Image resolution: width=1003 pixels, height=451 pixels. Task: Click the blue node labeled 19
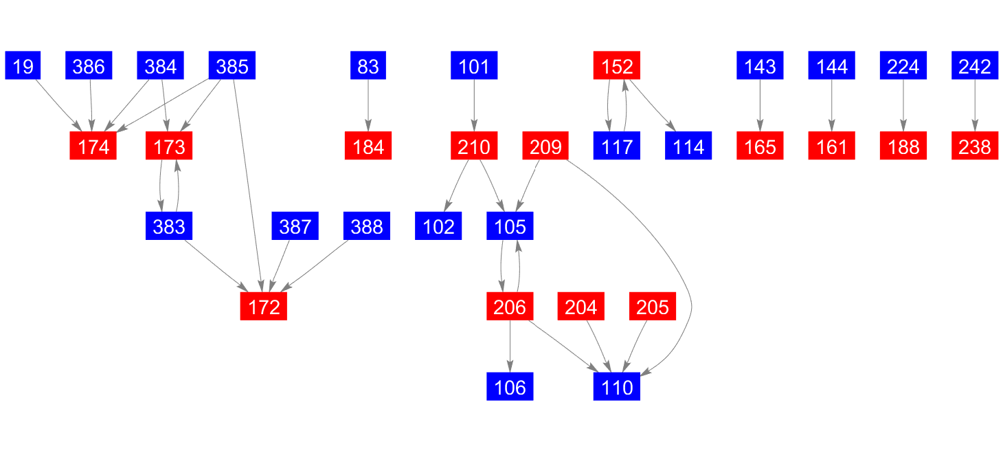pyautogui.click(x=23, y=67)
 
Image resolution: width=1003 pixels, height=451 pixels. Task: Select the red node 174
pyautogui.click(x=93, y=147)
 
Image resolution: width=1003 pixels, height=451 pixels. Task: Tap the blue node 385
pyautogui.click(x=232, y=67)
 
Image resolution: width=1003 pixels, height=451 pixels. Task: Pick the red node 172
pyautogui.click(x=264, y=307)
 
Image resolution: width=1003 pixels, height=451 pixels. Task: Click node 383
pyautogui.click(x=169, y=227)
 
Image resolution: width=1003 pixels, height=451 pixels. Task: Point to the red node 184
pyautogui.click(x=368, y=147)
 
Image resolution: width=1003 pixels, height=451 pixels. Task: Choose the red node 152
pyautogui.click(x=617, y=67)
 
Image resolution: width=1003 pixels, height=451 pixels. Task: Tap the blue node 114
pyautogui.click(x=688, y=147)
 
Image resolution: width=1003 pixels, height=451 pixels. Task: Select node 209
pyautogui.click(x=545, y=147)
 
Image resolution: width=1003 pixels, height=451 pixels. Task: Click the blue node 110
pyautogui.click(x=617, y=388)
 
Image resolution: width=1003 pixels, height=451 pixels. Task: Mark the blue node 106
pyautogui.click(x=510, y=388)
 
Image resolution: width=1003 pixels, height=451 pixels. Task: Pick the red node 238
pyautogui.click(x=974, y=147)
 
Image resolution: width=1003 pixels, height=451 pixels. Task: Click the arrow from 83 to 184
pyautogui.click(x=368, y=107)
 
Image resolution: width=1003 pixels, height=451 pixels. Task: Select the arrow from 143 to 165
pyautogui.click(x=760, y=107)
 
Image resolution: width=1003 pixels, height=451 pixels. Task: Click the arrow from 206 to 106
pyautogui.click(x=510, y=347)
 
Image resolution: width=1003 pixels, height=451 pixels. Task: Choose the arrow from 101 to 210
pyautogui.click(x=474, y=107)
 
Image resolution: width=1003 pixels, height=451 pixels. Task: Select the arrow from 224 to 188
pyautogui.click(x=903, y=107)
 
